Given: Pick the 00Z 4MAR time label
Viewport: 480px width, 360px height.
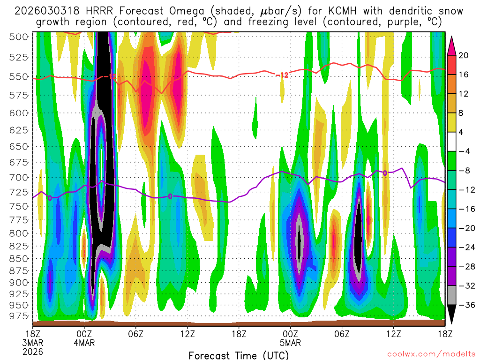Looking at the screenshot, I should coord(84,338).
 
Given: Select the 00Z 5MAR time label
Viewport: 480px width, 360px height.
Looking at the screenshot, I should coord(291,338).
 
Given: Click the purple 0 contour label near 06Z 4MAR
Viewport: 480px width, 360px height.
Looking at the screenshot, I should coord(170,196).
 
